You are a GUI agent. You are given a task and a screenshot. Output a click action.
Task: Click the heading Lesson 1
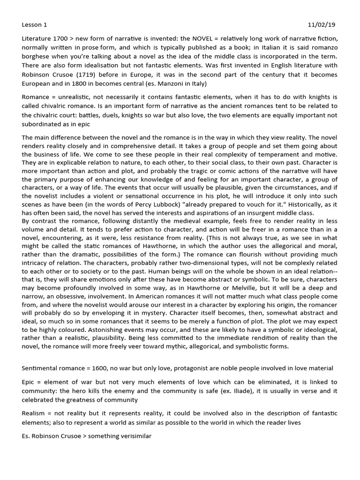(34, 25)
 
